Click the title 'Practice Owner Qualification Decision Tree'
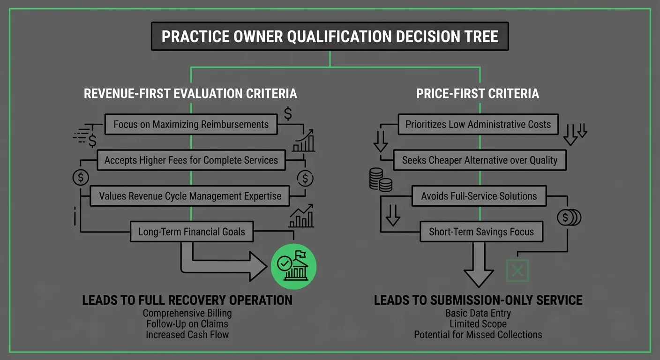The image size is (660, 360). [x=330, y=37]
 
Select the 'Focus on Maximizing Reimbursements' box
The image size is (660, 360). [x=191, y=125]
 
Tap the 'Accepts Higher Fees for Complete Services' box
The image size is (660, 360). [x=191, y=160]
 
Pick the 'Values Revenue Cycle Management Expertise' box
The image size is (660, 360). [x=191, y=196]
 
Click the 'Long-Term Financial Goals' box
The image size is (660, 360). [x=192, y=232]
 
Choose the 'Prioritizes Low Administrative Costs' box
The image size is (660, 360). [x=478, y=125]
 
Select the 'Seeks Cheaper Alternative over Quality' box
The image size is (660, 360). [x=480, y=160]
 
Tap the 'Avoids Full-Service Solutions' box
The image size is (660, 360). [x=479, y=196]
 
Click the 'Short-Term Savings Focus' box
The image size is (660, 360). [x=481, y=232]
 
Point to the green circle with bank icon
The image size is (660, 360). [x=294, y=267]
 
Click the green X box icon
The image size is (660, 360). [x=517, y=270]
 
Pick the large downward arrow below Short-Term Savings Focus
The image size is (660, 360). [x=479, y=265]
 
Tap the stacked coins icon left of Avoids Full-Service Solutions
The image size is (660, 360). [x=381, y=180]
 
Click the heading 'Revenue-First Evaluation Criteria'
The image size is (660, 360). [x=190, y=93]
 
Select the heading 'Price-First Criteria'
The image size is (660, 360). [x=478, y=93]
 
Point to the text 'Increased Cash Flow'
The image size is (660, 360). [x=187, y=335]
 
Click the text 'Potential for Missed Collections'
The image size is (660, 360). [x=478, y=335]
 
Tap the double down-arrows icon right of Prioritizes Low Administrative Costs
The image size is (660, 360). [x=575, y=134]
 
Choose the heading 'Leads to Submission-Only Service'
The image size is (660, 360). [x=478, y=300]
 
